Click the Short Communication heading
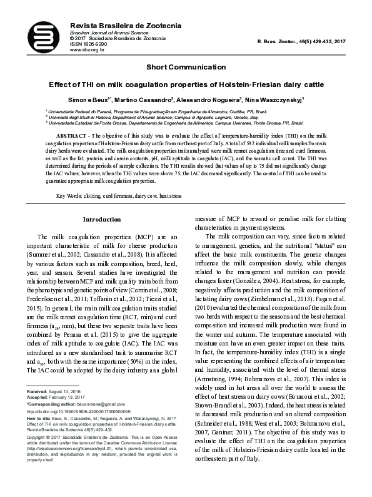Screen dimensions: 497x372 186,66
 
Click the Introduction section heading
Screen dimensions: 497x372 102,220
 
